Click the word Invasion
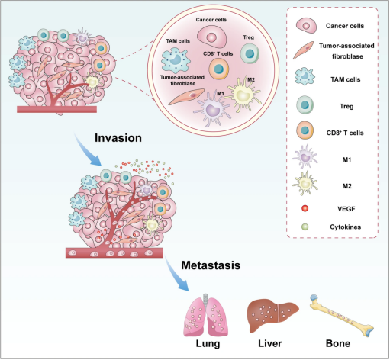pyautogui.click(x=118, y=138)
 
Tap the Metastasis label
pyautogui.click(x=211, y=265)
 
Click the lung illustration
pyautogui.click(x=206, y=314)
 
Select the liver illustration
pyautogui.click(x=272, y=315)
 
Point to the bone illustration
pyautogui.click(x=342, y=316)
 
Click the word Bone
pyautogui.click(x=338, y=343)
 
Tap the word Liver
pyautogui.click(x=270, y=343)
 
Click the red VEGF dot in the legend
pyautogui.click(x=305, y=208)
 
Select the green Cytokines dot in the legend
pyautogui.click(x=305, y=227)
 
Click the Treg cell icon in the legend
pyautogui.click(x=305, y=105)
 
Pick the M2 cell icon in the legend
pyautogui.click(x=305, y=183)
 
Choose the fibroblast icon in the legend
pyautogui.click(x=303, y=50)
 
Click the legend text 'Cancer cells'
pyautogui.click(x=345, y=26)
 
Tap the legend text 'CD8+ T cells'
pyautogui.click(x=345, y=133)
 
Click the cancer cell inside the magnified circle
pyautogui.click(x=211, y=37)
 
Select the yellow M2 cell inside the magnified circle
pyautogui.click(x=243, y=95)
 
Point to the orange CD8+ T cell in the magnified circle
pyautogui.click(x=219, y=69)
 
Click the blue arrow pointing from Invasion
pyautogui.click(x=88, y=149)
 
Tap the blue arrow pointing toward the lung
pyautogui.click(x=176, y=273)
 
